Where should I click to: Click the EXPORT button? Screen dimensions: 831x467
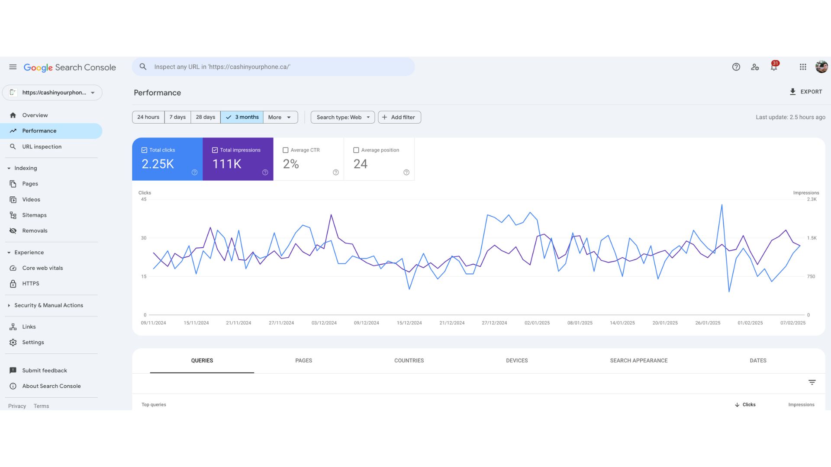tap(805, 92)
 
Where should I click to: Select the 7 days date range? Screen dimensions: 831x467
tap(177, 117)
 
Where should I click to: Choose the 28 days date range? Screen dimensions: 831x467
tap(205, 117)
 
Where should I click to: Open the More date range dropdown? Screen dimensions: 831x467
tap(280, 117)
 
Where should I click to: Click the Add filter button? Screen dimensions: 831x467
tap(399, 117)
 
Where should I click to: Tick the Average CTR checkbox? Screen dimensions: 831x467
tap(286, 150)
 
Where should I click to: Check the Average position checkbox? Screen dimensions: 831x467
tap(356, 150)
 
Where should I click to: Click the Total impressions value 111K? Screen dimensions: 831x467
tap(227, 164)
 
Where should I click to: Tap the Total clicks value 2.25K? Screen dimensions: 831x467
tap(158, 164)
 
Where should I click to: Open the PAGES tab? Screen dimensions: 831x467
tap(303, 361)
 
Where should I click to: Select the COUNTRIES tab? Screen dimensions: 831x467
tap(409, 361)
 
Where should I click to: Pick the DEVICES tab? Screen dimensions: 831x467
tap(517, 361)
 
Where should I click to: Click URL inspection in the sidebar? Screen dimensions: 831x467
tap(42, 147)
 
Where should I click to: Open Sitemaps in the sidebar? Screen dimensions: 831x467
tap(34, 215)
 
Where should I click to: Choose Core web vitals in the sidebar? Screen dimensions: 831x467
tap(42, 268)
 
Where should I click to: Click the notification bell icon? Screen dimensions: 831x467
tap(774, 67)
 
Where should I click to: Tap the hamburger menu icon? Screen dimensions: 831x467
tap(13, 67)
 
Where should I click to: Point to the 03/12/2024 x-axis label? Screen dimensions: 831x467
tap(324, 323)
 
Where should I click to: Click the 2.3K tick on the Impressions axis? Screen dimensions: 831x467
tap(812, 199)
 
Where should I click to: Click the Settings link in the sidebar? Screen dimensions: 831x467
tap(33, 342)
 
